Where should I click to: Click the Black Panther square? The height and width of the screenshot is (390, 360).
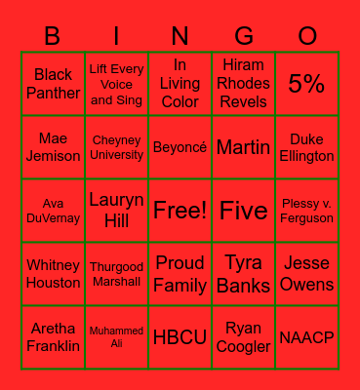tap(54, 84)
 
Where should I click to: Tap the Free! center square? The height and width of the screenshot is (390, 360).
tap(180, 210)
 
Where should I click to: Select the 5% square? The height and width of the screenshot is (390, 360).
tap(306, 84)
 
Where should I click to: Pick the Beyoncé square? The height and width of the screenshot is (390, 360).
tap(180, 147)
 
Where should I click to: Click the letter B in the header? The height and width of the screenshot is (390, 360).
tap(53, 36)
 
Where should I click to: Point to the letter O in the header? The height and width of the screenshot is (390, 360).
tap(307, 36)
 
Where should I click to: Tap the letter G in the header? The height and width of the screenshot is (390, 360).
tap(244, 36)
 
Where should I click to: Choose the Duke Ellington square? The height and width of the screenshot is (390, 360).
tap(306, 147)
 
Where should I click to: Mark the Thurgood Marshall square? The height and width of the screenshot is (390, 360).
tap(117, 274)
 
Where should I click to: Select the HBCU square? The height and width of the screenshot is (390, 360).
tap(180, 337)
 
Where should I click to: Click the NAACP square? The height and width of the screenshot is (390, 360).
tap(306, 337)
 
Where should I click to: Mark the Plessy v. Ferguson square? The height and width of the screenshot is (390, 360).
tap(306, 210)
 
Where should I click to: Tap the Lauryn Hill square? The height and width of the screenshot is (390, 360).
tap(117, 210)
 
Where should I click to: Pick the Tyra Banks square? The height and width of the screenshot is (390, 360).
tap(244, 274)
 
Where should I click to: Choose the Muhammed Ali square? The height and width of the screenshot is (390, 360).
tap(117, 337)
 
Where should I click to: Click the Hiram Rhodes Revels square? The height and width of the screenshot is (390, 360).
tap(244, 84)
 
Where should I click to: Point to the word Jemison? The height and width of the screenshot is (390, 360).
tap(54, 156)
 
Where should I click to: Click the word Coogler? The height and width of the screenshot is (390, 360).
tap(244, 346)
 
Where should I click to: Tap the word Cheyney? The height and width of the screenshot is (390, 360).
tap(117, 140)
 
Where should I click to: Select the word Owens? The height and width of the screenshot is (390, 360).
tap(306, 284)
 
